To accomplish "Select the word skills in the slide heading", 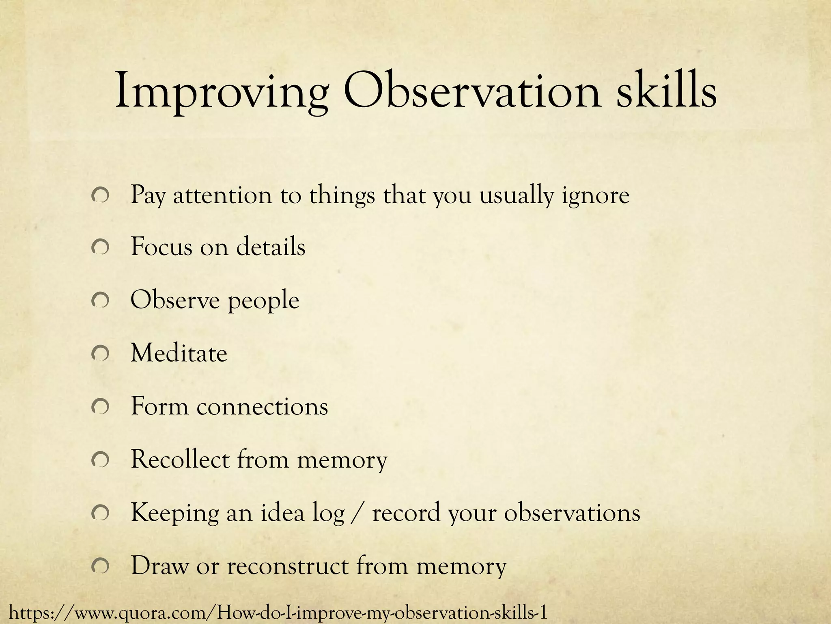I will pyautogui.click(x=665, y=91).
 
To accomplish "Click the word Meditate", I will pyautogui.click(x=179, y=353).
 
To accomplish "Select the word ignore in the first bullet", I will pyautogui.click(x=596, y=196).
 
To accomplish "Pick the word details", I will pyautogui.click(x=271, y=247).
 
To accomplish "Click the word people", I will pyautogui.click(x=263, y=301).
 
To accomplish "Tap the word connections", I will pyautogui.click(x=262, y=406).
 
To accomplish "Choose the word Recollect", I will pyautogui.click(x=180, y=459).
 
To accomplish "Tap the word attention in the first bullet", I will pyautogui.click(x=222, y=195).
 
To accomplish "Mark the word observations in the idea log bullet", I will pyautogui.click(x=572, y=513).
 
